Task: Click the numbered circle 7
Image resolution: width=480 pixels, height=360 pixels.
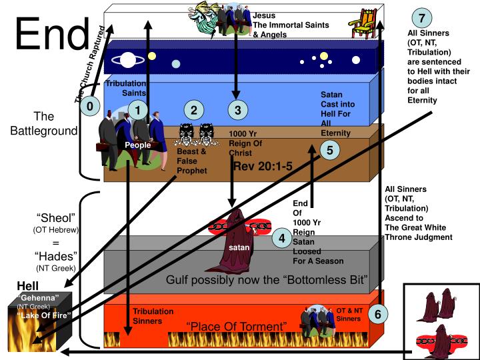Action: [422, 17]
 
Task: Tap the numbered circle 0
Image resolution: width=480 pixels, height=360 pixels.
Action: [90, 105]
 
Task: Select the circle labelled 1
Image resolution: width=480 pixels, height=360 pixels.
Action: [137, 110]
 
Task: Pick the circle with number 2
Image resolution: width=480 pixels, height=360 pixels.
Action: [193, 110]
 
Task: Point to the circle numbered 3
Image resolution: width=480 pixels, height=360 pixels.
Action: [237, 109]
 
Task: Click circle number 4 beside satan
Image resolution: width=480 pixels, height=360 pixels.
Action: [283, 238]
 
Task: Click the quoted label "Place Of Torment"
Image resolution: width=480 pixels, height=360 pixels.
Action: [237, 327]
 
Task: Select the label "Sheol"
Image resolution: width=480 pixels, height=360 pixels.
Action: [56, 218]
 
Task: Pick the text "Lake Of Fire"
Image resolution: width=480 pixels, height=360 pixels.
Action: [45, 315]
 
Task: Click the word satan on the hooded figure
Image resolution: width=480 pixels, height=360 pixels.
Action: [239, 248]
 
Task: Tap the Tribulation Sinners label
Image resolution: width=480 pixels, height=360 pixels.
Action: [153, 316]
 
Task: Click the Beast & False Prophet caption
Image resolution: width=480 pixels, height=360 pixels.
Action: [191, 161]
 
